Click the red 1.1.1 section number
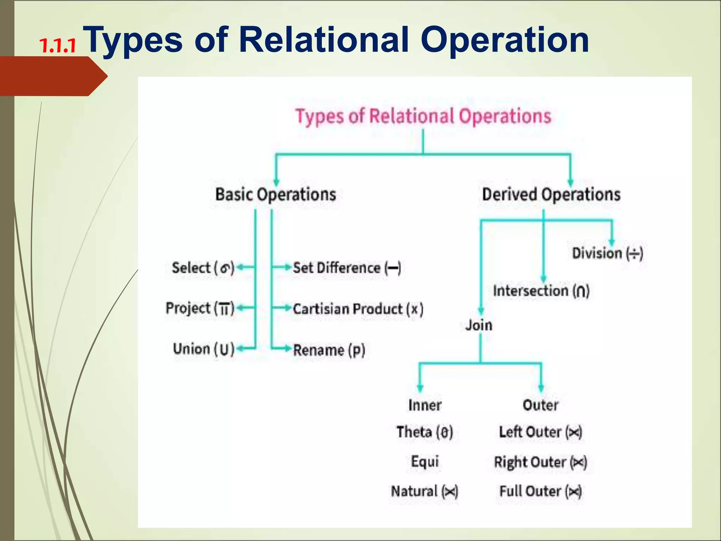pyautogui.click(x=57, y=46)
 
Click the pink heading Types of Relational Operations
pyautogui.click(x=423, y=116)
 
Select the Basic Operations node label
pyautogui.click(x=276, y=194)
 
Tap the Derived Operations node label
pyautogui.click(x=551, y=194)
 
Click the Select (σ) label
pyautogui.click(x=203, y=268)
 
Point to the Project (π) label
pyautogui.click(x=200, y=309)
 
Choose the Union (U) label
pyautogui.click(x=203, y=349)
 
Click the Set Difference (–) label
pyautogui.click(x=347, y=268)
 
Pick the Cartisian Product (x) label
pyautogui.click(x=358, y=309)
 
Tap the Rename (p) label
pyautogui.click(x=329, y=350)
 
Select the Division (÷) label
pyautogui.click(x=607, y=253)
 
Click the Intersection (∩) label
pyautogui.click(x=541, y=291)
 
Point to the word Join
pyautogui.click(x=479, y=325)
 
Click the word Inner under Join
pyautogui.click(x=425, y=405)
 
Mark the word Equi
pyautogui.click(x=425, y=461)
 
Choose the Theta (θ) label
pyautogui.click(x=425, y=432)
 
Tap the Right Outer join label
pyautogui.click(x=540, y=462)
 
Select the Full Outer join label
pyautogui.click(x=540, y=491)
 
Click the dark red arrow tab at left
pyautogui.click(x=53, y=76)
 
